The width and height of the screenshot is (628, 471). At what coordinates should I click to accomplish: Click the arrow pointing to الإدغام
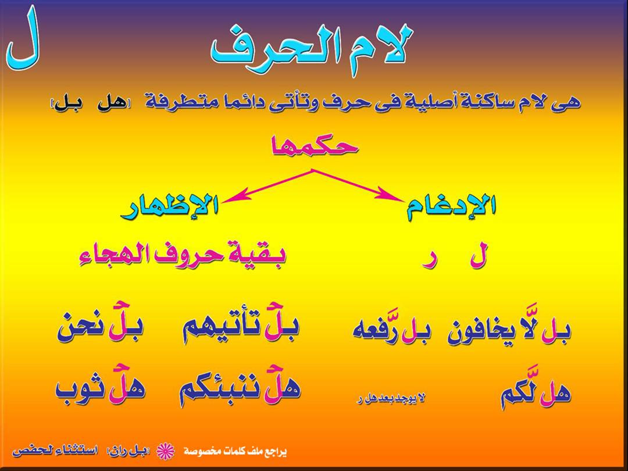click(x=358, y=185)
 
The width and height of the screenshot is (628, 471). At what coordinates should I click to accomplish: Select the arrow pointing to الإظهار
click(x=267, y=185)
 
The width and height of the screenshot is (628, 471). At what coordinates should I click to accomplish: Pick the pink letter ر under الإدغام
click(x=429, y=261)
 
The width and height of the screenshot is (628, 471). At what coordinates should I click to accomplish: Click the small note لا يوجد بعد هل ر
click(x=391, y=398)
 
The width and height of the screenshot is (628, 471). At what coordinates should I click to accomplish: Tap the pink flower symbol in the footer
click(x=165, y=451)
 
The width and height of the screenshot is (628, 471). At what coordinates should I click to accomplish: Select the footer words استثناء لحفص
click(x=55, y=451)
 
